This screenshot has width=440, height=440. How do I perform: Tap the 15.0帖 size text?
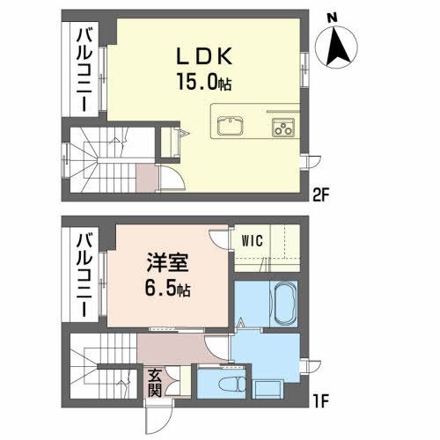coord(208,83)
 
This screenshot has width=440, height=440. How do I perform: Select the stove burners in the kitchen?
coord(283,125)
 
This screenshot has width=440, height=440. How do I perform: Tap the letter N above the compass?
coord(331,17)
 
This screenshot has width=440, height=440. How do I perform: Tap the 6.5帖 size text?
coord(165,290)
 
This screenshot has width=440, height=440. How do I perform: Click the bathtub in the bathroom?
coord(284,303)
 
